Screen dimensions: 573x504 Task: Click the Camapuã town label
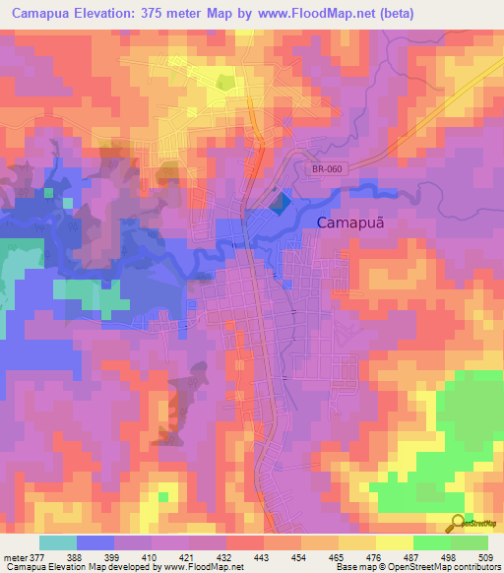[349, 223]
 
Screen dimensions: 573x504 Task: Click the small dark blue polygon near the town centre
[281, 203]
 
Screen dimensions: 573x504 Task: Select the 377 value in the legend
[38, 556]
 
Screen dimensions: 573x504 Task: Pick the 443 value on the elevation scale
[263, 556]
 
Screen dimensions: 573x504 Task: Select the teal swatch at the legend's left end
[57, 542]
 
